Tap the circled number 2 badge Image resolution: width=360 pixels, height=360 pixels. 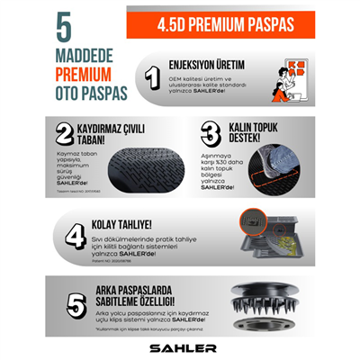pyautogui.click(x=65, y=134)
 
